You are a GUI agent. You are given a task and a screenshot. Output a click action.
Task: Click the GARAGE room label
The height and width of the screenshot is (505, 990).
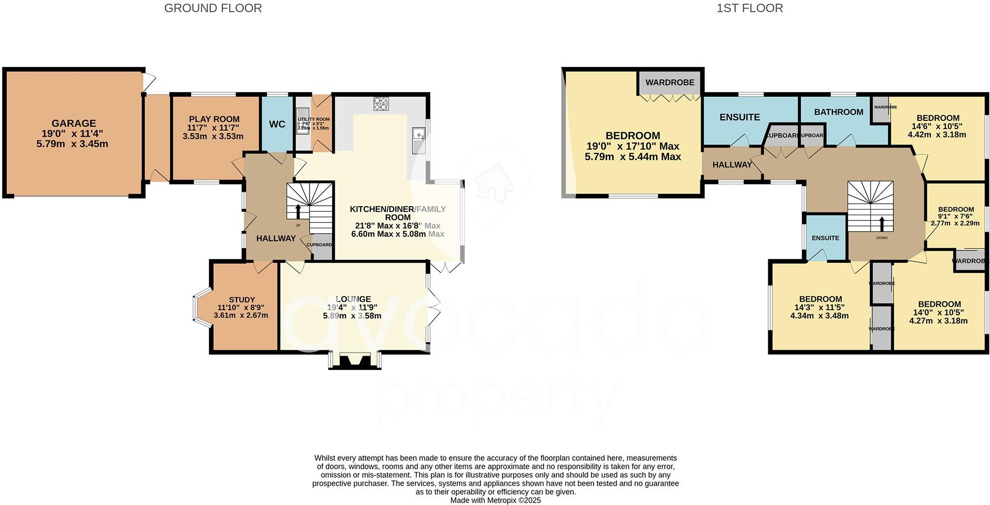coord(74,123)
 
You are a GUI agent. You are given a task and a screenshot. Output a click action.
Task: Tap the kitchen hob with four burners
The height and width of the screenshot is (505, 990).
coord(381,104)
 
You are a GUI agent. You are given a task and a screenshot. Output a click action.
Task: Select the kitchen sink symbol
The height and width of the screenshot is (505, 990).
coord(419,141)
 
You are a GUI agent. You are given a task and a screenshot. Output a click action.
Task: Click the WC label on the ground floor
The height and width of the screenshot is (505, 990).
coord(277,124)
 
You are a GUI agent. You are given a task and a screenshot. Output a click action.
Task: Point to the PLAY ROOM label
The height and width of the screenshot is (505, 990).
coord(214,119)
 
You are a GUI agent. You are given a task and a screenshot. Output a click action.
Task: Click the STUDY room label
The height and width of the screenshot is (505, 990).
coord(241,299)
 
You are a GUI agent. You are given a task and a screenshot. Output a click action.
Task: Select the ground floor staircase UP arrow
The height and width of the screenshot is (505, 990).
coord(298,211)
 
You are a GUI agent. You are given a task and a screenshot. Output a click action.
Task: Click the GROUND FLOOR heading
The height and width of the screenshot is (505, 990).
coord(213,8)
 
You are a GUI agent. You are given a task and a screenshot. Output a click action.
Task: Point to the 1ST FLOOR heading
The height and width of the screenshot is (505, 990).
coord(750,8)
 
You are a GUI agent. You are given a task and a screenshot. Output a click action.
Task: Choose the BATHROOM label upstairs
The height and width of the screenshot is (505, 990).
coord(839,112)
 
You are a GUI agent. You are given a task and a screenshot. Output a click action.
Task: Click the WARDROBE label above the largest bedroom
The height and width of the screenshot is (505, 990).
coord(670,82)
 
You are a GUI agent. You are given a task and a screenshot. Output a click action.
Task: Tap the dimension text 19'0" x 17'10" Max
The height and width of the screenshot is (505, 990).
coord(633,146)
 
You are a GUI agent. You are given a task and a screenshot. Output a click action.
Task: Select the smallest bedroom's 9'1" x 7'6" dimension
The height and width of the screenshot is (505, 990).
coord(955,216)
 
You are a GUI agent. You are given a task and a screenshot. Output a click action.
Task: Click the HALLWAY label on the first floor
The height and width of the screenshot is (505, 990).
coord(732,165)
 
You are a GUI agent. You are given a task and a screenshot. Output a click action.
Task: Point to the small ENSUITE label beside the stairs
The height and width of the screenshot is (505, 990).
coord(825,238)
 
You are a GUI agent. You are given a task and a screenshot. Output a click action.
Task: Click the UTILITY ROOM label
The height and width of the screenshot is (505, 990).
coord(313,119)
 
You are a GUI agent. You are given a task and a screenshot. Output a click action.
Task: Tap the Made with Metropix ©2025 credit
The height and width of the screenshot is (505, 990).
coord(495,500)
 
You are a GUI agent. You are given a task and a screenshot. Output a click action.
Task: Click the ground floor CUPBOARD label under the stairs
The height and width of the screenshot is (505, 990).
coord(319,245)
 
